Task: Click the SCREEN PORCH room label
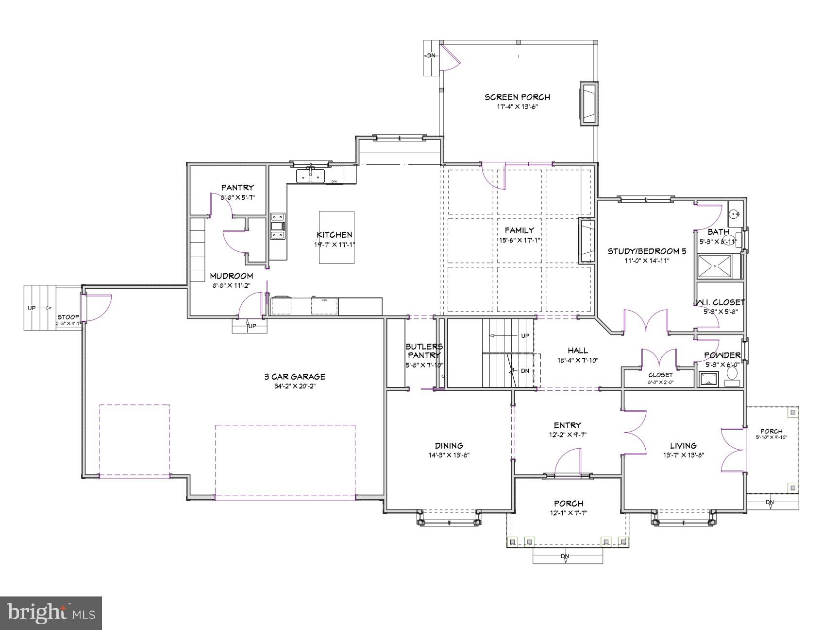[x=517, y=97]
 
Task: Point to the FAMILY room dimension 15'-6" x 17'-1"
[x=519, y=240]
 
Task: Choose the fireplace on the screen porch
[x=589, y=104]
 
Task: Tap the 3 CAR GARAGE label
[x=295, y=377]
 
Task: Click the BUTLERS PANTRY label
[x=424, y=351]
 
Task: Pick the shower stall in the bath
[x=715, y=266]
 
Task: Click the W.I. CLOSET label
[x=720, y=302]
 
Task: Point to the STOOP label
[x=68, y=317]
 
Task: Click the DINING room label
[x=449, y=446]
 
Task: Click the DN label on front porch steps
[x=565, y=556]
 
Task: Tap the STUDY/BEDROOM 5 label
[x=647, y=251]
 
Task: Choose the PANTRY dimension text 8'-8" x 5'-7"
[x=237, y=197]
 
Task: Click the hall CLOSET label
[x=660, y=375]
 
